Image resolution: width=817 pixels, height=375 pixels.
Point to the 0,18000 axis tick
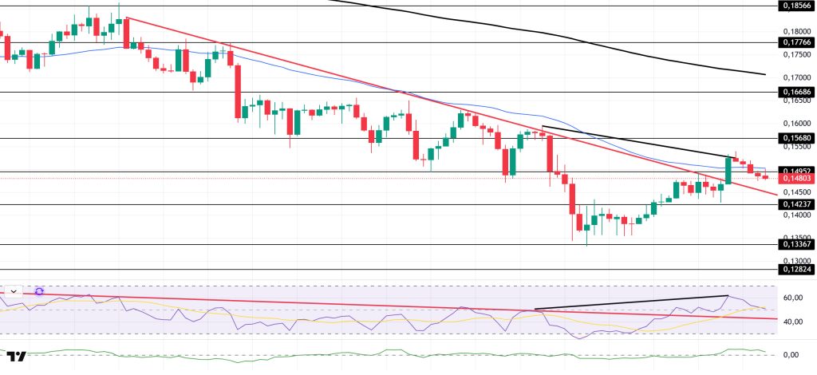click(x=795, y=31)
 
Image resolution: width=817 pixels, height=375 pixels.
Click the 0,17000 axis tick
click(x=795, y=77)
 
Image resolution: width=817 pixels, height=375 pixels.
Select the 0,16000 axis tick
click(x=795, y=124)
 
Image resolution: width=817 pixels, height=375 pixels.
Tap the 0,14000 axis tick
click(x=795, y=215)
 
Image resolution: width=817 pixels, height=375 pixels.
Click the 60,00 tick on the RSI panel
click(x=792, y=298)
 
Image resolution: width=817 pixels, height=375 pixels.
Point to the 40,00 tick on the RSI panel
click(x=792, y=322)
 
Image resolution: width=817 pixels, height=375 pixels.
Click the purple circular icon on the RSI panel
click(x=38, y=292)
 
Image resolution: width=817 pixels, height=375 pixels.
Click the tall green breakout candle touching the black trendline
click(x=728, y=170)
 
